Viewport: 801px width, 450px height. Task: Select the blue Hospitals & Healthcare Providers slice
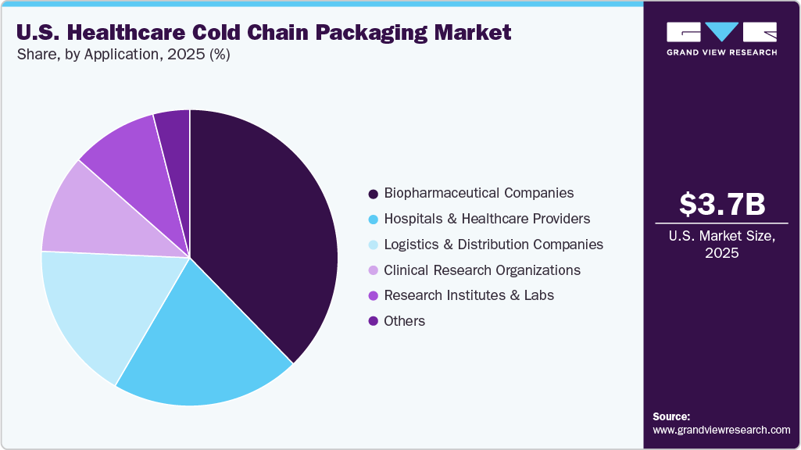pos(211,344)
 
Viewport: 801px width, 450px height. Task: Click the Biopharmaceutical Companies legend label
pos(478,193)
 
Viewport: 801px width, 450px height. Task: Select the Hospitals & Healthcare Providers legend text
pos(487,219)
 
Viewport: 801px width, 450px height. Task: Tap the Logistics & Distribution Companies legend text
pos(493,245)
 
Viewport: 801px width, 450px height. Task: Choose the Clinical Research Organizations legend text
pos(482,270)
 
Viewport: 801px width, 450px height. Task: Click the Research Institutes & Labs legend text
pos(469,295)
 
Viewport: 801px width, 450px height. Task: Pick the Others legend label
pos(404,321)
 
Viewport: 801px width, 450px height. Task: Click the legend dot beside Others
pos(373,321)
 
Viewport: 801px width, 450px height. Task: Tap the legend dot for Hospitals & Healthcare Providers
pos(373,219)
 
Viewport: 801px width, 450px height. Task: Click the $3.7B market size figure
pos(722,205)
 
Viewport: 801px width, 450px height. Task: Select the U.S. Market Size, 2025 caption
pos(722,245)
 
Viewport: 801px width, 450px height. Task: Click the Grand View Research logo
pos(722,38)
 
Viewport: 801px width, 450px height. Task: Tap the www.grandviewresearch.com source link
pos(721,430)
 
